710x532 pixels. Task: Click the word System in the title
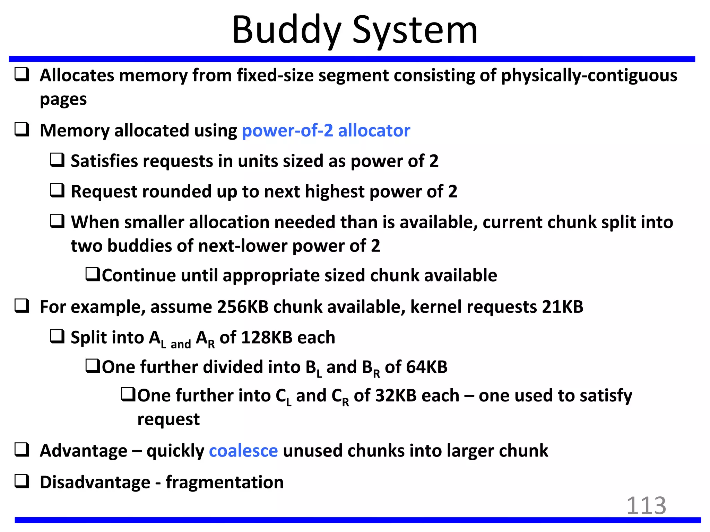(415, 30)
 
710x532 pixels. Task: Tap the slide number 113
(646, 506)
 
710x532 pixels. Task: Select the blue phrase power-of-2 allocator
(326, 131)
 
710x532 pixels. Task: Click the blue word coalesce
(243, 451)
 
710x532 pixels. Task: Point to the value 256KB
(243, 307)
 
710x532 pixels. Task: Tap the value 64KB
(427, 367)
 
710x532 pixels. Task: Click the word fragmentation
(224, 482)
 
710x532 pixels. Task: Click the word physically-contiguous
(589, 76)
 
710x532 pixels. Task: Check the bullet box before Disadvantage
(21, 481)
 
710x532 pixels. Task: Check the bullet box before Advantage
(21, 450)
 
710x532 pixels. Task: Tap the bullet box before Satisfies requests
(57, 160)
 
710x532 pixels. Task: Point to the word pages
(63, 100)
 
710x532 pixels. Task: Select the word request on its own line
(168, 419)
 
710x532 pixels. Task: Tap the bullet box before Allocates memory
(21, 74)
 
